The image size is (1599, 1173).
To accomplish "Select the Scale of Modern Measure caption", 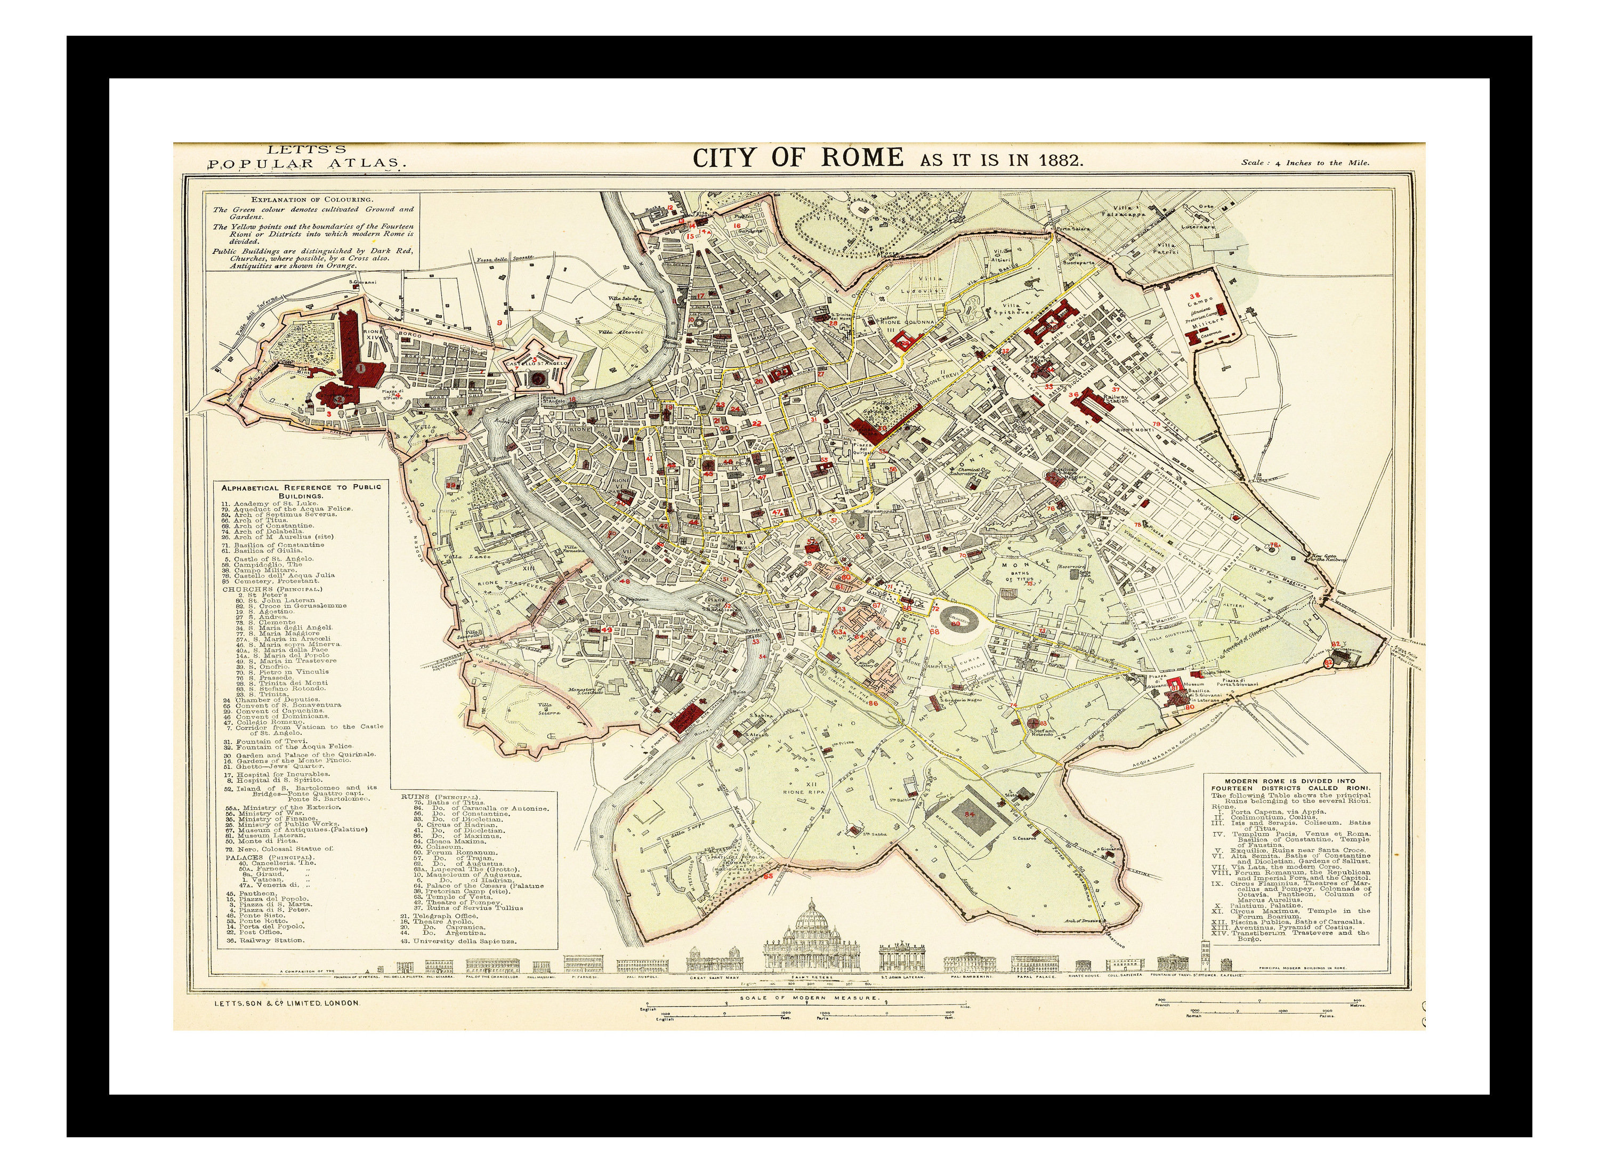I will (809, 998).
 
